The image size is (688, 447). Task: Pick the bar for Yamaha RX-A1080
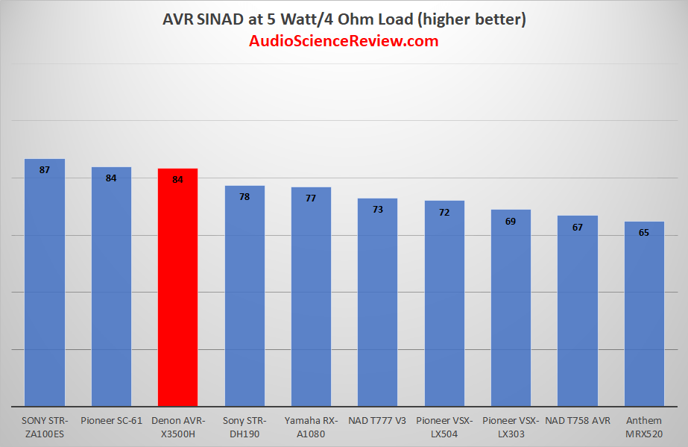click(311, 298)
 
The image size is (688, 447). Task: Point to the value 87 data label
click(45, 170)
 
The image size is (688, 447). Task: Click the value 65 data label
click(644, 233)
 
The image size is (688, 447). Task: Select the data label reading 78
click(244, 197)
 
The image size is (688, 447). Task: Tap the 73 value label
click(377, 210)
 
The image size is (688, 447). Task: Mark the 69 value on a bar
click(511, 221)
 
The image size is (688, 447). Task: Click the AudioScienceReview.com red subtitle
click(344, 41)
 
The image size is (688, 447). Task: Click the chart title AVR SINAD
click(344, 19)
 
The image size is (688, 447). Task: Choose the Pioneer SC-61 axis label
click(111, 419)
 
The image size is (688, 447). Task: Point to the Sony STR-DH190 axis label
click(244, 425)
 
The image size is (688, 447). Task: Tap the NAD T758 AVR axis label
click(577, 419)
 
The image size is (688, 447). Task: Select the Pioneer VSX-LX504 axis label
click(444, 425)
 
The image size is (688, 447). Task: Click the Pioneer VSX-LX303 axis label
click(511, 425)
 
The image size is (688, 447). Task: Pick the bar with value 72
click(444, 306)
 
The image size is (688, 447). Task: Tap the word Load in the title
click(422, 19)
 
